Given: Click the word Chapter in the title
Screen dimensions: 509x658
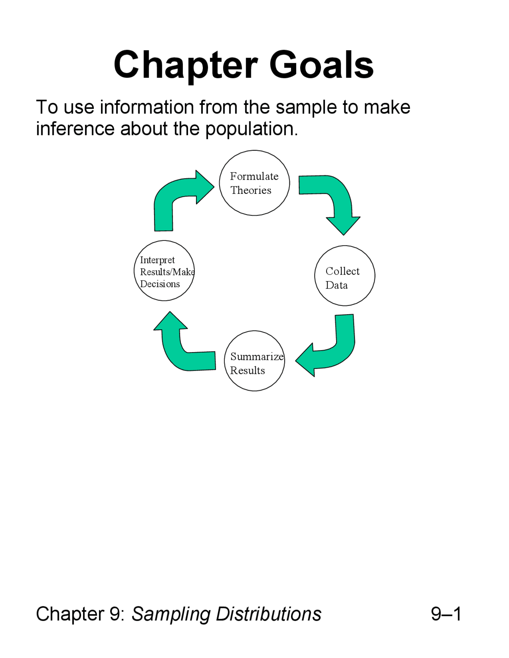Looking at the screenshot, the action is click(186, 66).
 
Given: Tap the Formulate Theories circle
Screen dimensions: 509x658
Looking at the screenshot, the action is click(254, 183).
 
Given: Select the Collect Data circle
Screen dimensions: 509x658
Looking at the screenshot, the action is click(345, 275).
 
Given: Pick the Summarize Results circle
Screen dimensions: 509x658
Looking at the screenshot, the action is click(254, 361).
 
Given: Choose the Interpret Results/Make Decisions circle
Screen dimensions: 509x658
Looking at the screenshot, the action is click(164, 271).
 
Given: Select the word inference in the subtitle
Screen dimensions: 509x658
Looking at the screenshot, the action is click(75, 129).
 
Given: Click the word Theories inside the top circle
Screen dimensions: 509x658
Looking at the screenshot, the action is click(251, 190).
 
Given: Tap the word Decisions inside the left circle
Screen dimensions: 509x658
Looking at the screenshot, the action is click(160, 284).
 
